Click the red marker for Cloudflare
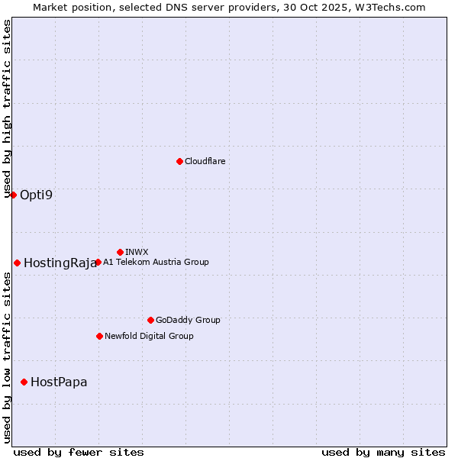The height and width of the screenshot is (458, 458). pyautogui.click(x=179, y=161)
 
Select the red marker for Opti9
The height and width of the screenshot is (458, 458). pyautogui.click(x=13, y=195)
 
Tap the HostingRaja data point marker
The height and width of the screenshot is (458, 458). pyautogui.click(x=17, y=263)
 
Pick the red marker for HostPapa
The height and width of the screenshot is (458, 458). pyautogui.click(x=24, y=382)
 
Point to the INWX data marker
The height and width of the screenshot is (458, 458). pyautogui.click(x=120, y=252)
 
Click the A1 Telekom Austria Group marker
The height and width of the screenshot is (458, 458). pyautogui.click(x=98, y=262)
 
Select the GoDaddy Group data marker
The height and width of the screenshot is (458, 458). pyautogui.click(x=150, y=320)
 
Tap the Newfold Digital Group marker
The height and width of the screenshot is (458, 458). pyautogui.click(x=99, y=336)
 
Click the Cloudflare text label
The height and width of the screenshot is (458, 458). pyautogui.click(x=205, y=161)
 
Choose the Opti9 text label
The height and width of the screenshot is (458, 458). pyautogui.click(x=37, y=195)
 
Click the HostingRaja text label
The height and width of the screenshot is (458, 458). pyautogui.click(x=60, y=263)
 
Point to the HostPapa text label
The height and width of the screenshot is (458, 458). pyautogui.click(x=59, y=382)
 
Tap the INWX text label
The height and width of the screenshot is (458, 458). pyautogui.click(x=137, y=252)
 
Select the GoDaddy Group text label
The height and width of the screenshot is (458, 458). pyautogui.click(x=188, y=320)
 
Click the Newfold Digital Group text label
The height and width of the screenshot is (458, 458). pyautogui.click(x=149, y=336)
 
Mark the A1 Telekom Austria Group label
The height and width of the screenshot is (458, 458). pyautogui.click(x=156, y=262)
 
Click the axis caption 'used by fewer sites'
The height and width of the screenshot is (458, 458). pyautogui.click(x=79, y=452)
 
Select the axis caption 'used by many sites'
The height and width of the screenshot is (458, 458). pyautogui.click(x=383, y=452)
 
